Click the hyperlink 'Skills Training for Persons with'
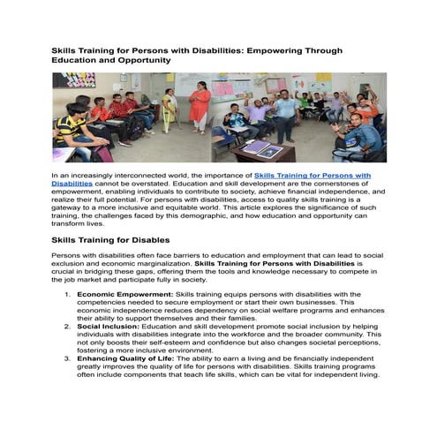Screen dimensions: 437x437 313,176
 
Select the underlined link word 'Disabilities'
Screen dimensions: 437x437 72,184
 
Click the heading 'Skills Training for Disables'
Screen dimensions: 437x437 110,239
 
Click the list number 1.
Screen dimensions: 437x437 68,292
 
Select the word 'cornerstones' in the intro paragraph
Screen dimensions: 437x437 340,184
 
